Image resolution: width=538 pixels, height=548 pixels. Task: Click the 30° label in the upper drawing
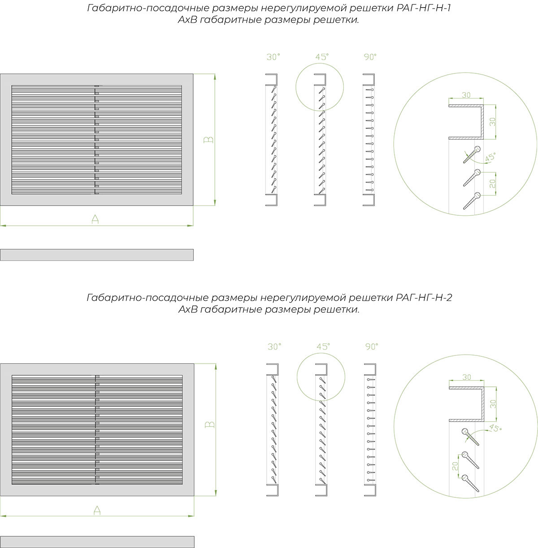pyautogui.click(x=273, y=57)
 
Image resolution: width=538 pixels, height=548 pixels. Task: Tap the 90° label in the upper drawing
pyautogui.click(x=370, y=57)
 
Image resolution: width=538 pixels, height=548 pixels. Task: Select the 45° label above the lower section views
pyautogui.click(x=323, y=347)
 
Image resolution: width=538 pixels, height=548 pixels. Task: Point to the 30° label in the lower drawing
pyautogui.click(x=274, y=347)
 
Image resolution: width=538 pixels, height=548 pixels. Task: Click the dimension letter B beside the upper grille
pyautogui.click(x=208, y=140)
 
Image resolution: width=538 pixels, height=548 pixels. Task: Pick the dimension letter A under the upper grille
pyautogui.click(x=95, y=219)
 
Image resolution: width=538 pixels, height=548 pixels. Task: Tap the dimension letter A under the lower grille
pyautogui.click(x=97, y=510)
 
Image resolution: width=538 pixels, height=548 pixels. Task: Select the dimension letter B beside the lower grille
pyautogui.click(x=210, y=424)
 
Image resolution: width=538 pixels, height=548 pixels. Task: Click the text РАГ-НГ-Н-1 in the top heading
pyautogui.click(x=424, y=8)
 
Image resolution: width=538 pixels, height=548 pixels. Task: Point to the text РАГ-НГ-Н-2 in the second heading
pyautogui.click(x=424, y=297)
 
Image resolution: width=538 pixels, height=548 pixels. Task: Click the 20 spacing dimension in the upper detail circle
pyautogui.click(x=492, y=184)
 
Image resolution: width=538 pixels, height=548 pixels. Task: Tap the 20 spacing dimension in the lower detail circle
pyautogui.click(x=455, y=466)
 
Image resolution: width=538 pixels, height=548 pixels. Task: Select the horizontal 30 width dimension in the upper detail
pyautogui.click(x=466, y=95)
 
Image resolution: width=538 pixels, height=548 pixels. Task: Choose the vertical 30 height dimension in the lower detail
pyautogui.click(x=493, y=404)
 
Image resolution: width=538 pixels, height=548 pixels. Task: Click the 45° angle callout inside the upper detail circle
pyautogui.click(x=490, y=157)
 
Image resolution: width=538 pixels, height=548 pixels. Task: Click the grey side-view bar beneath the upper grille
pyautogui.click(x=97, y=255)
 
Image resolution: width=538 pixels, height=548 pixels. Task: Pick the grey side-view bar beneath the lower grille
pyautogui.click(x=97, y=542)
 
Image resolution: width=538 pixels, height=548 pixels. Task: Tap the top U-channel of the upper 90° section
pyautogui.click(x=369, y=80)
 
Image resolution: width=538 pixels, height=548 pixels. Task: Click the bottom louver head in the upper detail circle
pyautogui.click(x=477, y=196)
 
